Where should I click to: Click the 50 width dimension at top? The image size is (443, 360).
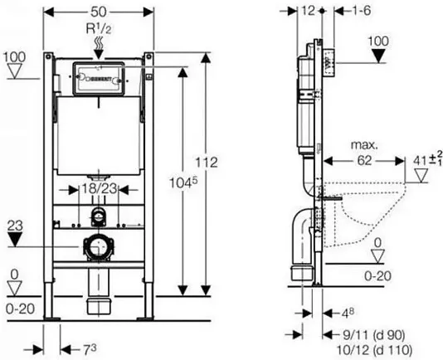pos(99,12)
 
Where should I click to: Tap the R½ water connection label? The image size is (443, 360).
pos(99,28)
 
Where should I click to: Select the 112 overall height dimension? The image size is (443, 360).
pos(207,163)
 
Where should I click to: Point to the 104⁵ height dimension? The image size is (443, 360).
pos(183,182)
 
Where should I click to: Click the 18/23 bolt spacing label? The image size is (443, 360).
pos(99,188)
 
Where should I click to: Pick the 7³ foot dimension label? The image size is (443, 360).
pos(90,350)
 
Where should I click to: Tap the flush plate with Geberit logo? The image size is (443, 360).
pos(99,79)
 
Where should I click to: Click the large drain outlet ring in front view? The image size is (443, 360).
pos(99,246)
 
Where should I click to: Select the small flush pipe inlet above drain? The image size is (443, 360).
pos(98,216)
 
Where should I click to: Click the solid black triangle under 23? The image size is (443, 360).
pos(15,240)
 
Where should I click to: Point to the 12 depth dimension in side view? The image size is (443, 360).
pos(308,11)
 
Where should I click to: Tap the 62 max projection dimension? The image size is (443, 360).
pos(364,161)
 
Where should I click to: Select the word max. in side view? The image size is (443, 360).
pos(364,145)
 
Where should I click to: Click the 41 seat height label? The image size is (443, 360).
pos(427,160)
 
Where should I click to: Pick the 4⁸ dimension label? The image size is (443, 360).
pos(348,313)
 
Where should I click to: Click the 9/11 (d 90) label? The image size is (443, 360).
pos(374,335)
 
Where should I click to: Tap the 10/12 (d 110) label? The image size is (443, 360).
pos(374,350)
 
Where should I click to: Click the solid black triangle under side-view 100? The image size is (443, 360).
pos(378,56)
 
